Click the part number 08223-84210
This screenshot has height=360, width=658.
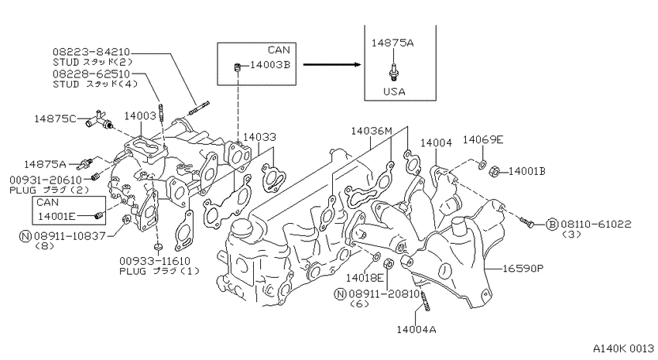pos(91,52)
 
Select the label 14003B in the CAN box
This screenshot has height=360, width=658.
pos(270,65)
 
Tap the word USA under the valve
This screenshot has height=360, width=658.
pos(394,91)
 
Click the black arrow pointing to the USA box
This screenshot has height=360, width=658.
pos(332,64)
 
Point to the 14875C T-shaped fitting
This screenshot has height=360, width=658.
pos(99,119)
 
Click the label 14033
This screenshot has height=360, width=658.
pos(260,137)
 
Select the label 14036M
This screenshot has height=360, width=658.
pos(372,131)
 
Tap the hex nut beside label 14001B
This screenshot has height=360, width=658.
pos(495,171)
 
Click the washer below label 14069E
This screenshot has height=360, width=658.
pos(482,163)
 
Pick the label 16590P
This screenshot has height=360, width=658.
pos(523,268)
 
